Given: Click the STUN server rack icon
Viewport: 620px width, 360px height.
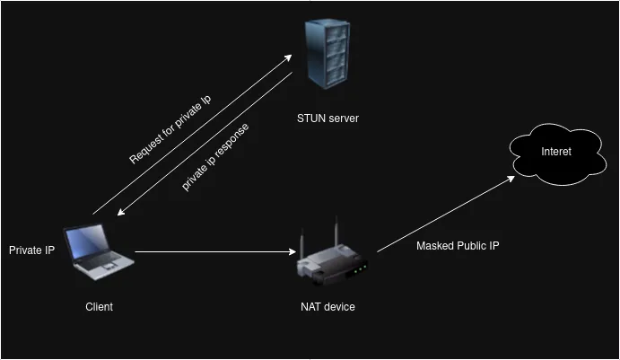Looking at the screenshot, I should (x=326, y=54).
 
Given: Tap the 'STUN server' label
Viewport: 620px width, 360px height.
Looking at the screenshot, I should (x=327, y=118).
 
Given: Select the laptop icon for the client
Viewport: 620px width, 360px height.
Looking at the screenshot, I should (x=100, y=250).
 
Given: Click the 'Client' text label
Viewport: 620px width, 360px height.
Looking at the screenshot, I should (x=99, y=307).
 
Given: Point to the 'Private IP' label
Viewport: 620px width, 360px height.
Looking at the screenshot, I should (x=31, y=250).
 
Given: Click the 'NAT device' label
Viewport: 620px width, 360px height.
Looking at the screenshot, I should (x=327, y=307).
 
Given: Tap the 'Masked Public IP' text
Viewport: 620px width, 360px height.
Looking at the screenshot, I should (x=458, y=245).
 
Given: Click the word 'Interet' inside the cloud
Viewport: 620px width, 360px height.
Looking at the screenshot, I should (x=556, y=152).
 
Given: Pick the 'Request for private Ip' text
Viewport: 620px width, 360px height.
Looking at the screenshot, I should (x=170, y=127).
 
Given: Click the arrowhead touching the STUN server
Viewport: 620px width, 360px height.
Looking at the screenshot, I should (x=288, y=57).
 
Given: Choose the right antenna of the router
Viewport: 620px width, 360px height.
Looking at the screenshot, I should (x=336, y=231).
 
